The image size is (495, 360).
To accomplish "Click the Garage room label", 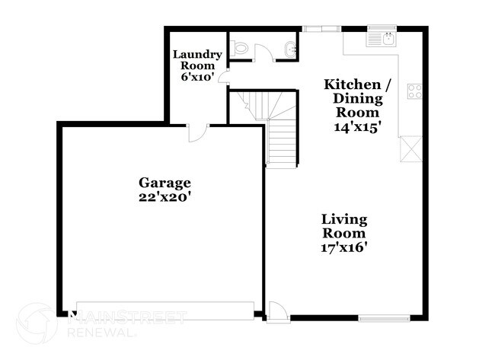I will pos(164,183).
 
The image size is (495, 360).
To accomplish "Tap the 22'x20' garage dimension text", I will pos(164,196).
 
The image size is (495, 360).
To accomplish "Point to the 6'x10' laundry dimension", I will pos(197,78).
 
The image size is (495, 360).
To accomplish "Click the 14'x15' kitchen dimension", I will pos(356,126).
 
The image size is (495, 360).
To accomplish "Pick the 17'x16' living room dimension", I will pos(344,247).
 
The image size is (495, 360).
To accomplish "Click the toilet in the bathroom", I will pos(241,49).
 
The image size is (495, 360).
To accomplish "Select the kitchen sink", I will pos(382,37).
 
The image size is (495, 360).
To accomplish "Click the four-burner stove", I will pos(415,91).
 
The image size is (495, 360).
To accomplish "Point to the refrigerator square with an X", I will pos(409,148).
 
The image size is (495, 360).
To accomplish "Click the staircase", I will pos(279,141).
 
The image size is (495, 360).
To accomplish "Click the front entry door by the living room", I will pos(277,311).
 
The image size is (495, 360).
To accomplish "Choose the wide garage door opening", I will pos(164,310).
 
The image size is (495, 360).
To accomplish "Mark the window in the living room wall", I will pos(383,318).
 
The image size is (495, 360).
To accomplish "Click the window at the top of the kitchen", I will pos(322,30).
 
